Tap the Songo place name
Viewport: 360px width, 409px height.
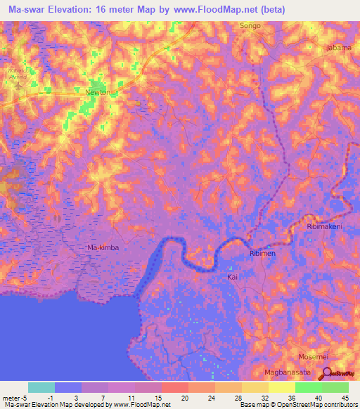click(250, 26)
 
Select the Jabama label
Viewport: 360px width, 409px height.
click(338, 48)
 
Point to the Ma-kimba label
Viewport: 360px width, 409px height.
click(103, 248)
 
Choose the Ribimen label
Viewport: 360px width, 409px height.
click(264, 253)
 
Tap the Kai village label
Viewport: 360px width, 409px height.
click(233, 278)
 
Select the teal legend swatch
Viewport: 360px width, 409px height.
click(41, 387)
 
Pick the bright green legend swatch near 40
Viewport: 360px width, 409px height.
click(308, 387)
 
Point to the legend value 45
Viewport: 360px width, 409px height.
click(344, 396)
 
